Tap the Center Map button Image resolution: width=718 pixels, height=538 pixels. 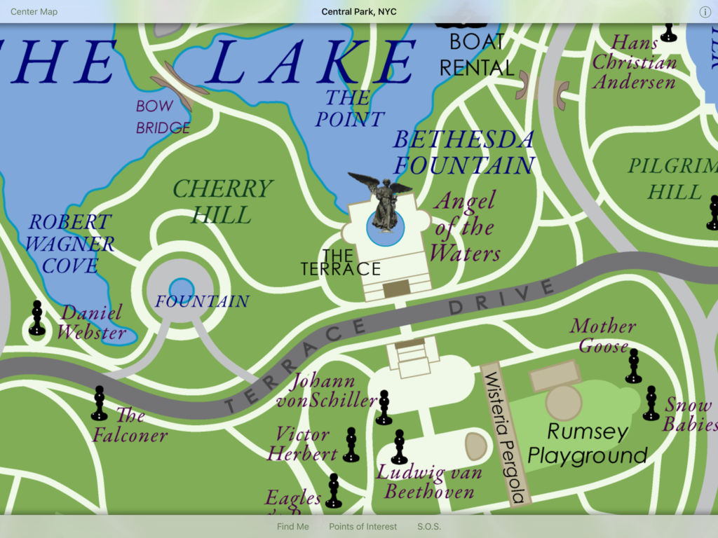pos(34,12)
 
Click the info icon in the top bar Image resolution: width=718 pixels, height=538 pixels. pos(705,12)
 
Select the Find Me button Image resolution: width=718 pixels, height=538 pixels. pos(292,526)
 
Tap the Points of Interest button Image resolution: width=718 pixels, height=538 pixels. pos(363,526)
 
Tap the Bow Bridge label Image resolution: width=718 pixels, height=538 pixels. pos(163,117)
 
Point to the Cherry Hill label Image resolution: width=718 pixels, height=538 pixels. pos(222,201)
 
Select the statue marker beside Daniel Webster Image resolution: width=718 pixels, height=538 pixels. pos(37,319)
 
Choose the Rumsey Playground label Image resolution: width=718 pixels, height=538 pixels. pos(587,443)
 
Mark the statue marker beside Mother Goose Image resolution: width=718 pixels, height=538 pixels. pos(633,366)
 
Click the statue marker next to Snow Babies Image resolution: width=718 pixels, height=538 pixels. pos(651,403)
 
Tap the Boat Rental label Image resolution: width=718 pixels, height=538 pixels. pos(477,55)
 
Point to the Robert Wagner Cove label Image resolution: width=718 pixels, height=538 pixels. pos(69,244)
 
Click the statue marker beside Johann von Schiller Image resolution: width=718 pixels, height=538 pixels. pos(384,408)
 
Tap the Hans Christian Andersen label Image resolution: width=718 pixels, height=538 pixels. pos(634,62)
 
